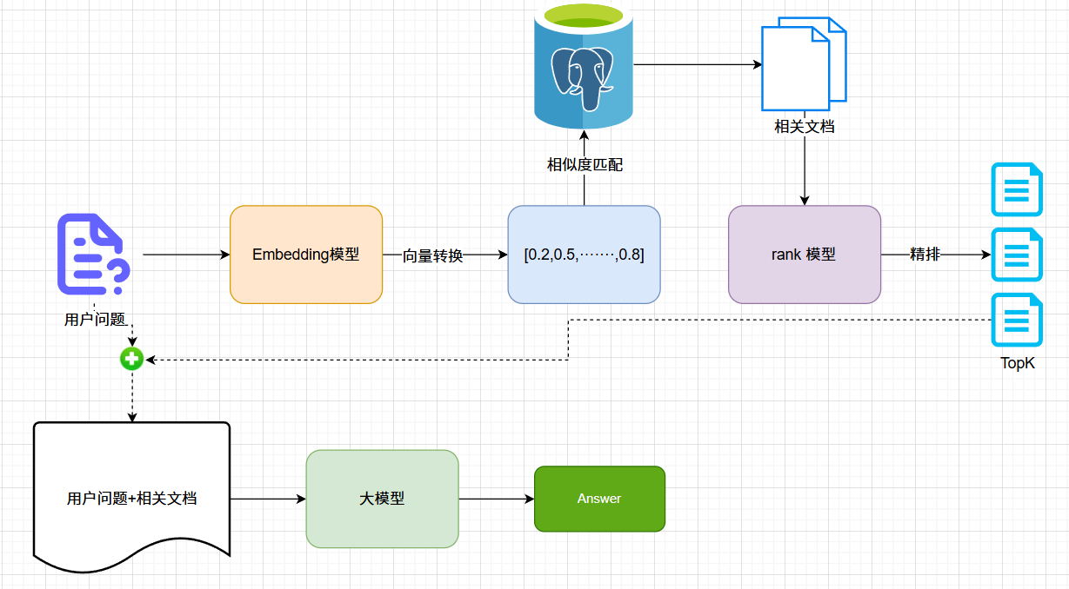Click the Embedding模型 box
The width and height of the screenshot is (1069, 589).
coord(305,255)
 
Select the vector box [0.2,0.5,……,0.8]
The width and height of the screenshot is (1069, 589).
coord(584,255)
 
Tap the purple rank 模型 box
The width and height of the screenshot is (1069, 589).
coord(804,255)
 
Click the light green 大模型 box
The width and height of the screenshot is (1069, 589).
coord(382,499)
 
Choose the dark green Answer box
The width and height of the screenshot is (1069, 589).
coord(599,499)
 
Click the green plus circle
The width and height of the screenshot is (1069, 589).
coord(131,358)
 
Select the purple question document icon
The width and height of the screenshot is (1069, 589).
coord(93,254)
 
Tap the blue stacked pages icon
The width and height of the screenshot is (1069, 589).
coord(803,65)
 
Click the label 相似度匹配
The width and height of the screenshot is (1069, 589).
coord(584,165)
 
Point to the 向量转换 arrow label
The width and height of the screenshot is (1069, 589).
coord(432,256)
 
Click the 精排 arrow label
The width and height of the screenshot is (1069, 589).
coord(924,255)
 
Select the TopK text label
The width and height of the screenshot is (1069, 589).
coord(1017,363)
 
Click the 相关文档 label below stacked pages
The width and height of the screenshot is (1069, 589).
coord(804,127)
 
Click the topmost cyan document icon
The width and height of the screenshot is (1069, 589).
coord(1017,189)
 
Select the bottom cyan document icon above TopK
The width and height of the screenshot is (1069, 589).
coord(1017,321)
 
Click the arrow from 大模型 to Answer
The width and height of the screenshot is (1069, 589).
coord(496,499)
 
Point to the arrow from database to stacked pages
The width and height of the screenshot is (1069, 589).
coord(696,64)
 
